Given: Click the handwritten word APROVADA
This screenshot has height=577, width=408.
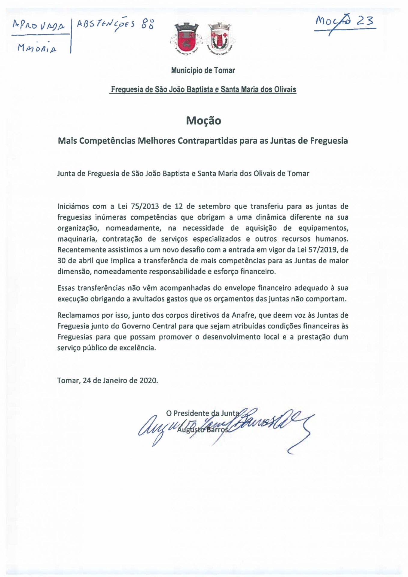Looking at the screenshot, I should (x=38, y=26).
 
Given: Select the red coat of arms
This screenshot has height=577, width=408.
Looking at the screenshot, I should (x=186, y=38).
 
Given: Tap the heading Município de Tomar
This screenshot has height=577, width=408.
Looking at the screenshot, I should (x=203, y=71).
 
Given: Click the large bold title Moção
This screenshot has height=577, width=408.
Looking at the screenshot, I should (x=203, y=121).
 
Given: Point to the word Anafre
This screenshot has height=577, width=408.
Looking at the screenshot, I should (x=243, y=315).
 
